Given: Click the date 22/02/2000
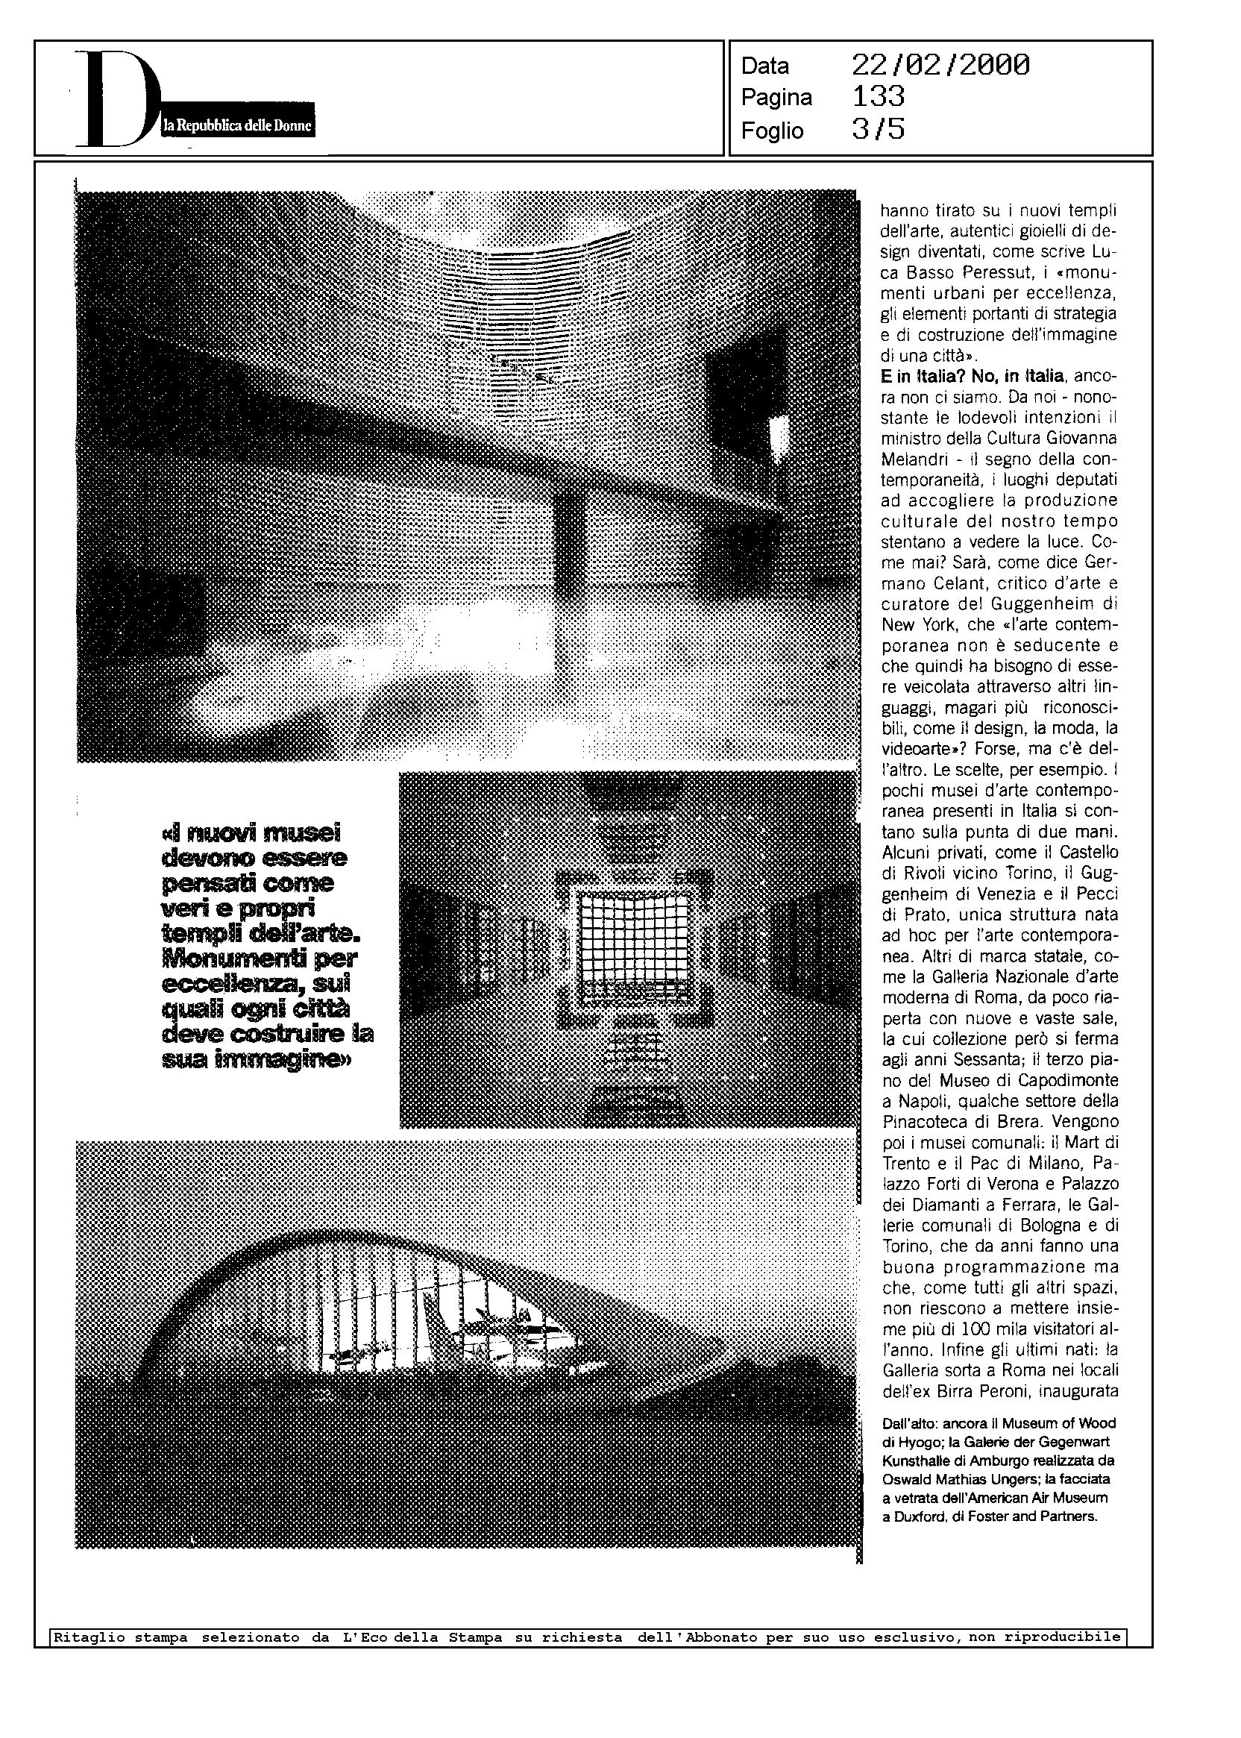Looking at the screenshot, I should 940,65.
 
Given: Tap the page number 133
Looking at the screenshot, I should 878,97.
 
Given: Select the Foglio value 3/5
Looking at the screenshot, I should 878,130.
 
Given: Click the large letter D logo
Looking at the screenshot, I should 115,99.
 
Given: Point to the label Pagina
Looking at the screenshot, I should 776,98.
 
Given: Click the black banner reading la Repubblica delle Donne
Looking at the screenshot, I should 238,127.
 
